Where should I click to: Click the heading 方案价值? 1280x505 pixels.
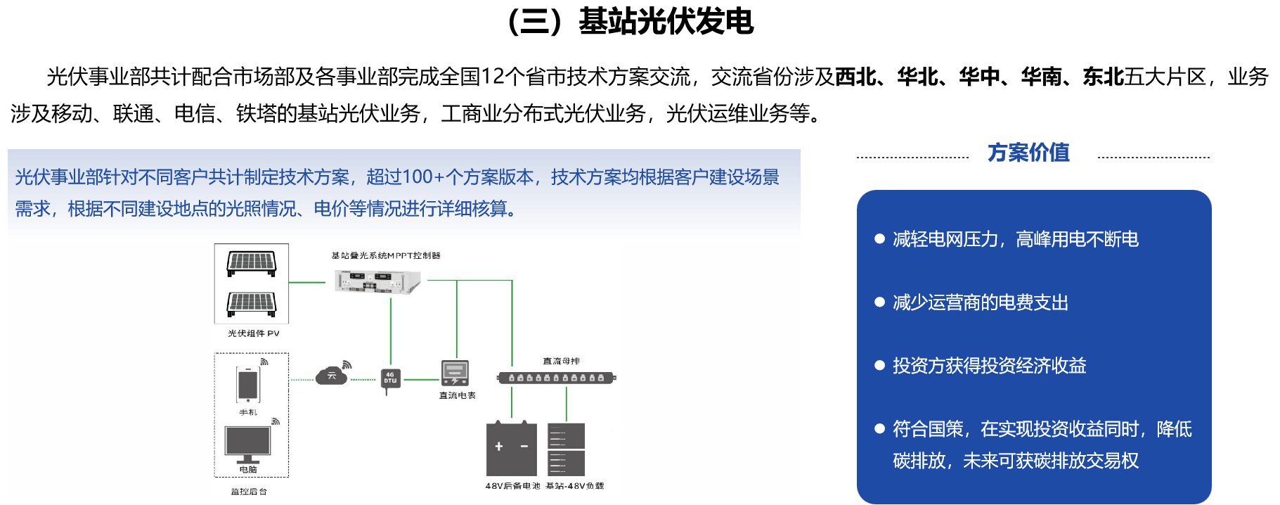(x=1028, y=153)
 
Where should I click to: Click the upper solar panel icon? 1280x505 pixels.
(x=251, y=264)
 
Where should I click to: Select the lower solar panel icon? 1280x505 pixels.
(x=251, y=303)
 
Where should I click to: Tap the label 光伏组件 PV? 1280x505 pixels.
(x=253, y=333)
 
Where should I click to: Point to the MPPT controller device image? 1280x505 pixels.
(x=377, y=282)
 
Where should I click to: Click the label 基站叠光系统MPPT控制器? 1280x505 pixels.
(x=385, y=255)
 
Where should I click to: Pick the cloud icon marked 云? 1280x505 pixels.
(x=331, y=376)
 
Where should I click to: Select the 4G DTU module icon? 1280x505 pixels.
(x=389, y=378)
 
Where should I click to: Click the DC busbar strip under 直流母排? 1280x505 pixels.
(x=556, y=378)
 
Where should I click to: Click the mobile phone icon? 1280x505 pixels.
(x=247, y=385)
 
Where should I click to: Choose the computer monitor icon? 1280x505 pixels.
(x=247, y=444)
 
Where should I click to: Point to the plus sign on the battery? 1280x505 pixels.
(x=499, y=447)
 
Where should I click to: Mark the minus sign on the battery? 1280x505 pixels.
(x=524, y=447)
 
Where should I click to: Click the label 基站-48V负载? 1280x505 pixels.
(x=574, y=486)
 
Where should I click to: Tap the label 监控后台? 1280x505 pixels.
(x=249, y=492)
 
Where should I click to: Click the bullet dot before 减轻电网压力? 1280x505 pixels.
(x=879, y=239)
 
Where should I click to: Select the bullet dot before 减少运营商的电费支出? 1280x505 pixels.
(x=879, y=302)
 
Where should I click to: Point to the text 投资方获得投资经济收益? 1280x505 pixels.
(x=990, y=366)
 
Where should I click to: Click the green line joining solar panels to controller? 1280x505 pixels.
(x=307, y=283)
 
